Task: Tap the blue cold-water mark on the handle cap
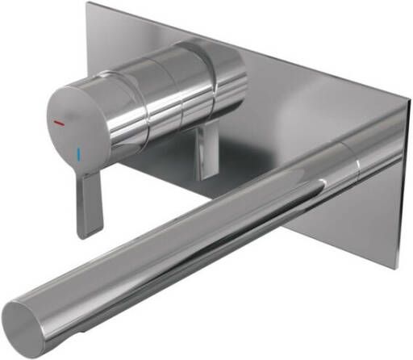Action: coord(78,151)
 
